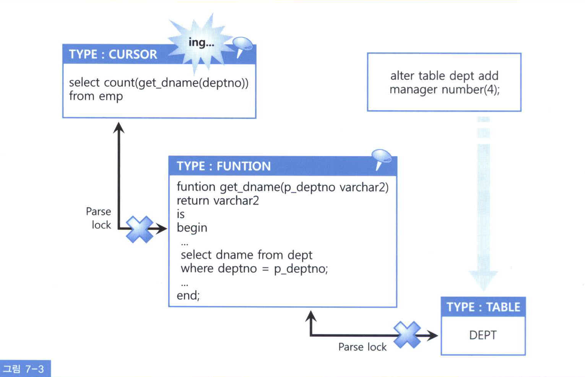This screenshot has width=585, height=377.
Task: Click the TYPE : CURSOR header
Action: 113,54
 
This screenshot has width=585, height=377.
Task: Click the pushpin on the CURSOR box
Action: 242,45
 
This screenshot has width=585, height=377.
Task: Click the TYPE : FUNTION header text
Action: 224,166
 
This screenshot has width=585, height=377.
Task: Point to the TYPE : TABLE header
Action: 483,307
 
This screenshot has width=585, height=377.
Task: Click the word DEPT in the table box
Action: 483,335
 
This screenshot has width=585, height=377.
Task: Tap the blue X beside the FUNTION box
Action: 140,229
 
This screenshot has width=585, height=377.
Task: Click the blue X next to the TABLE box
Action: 407,335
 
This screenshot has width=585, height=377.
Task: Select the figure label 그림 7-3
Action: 24,369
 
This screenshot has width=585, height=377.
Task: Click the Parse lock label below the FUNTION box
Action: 362,347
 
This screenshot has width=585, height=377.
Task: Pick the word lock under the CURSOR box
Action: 101,225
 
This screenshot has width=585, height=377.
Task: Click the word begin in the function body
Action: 192,228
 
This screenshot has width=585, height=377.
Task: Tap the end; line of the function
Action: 188,295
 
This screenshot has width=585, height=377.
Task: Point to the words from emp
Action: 96,96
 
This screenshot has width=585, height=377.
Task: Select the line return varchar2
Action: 218,200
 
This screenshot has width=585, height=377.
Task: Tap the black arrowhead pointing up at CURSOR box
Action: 119,127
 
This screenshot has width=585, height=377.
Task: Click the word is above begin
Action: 180,214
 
